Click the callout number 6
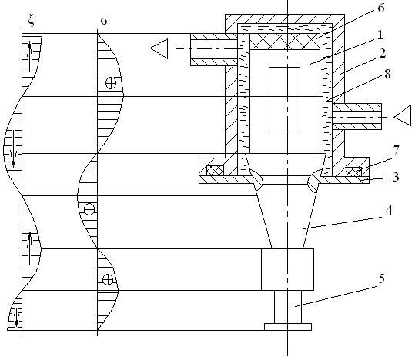(380, 8)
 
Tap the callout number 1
(380, 35)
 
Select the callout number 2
(383, 53)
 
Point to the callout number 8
(387, 75)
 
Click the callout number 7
(396, 151)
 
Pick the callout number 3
(396, 177)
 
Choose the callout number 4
(389, 211)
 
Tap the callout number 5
(381, 278)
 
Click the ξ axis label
(32, 22)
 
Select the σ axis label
(104, 21)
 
